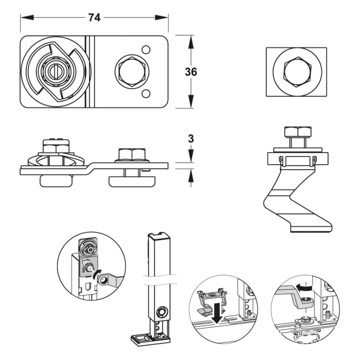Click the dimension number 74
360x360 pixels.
[94, 17]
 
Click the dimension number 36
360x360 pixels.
[191, 72]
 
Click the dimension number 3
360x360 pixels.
[191, 138]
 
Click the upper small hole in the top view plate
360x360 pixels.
[146, 50]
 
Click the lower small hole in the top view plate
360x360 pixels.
[146, 93]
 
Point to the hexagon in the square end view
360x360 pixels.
[296, 71]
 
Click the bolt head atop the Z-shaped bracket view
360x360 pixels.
[296, 132]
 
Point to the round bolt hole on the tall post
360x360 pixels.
[161, 311]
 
